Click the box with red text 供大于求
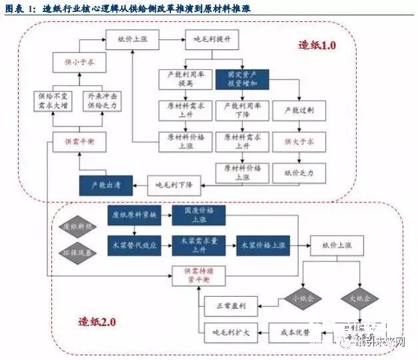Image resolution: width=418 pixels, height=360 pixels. (x=298, y=141)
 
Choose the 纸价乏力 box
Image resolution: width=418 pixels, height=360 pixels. (x=298, y=172)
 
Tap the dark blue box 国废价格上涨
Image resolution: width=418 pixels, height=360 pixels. (x=198, y=214)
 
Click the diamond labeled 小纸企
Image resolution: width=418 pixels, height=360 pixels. (x=299, y=297)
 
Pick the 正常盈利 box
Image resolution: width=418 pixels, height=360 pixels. (x=231, y=307)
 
